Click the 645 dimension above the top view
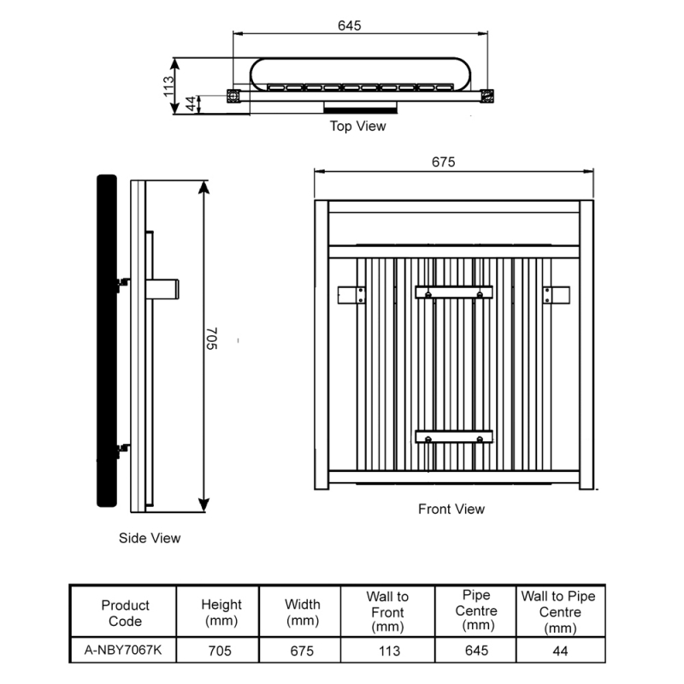349,26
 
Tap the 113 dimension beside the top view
169,85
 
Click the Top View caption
357,127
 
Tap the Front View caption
451,509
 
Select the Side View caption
150,539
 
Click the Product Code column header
125,613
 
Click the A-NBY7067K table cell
125,650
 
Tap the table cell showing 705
221,651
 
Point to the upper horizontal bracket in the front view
454,292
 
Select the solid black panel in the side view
106,342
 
